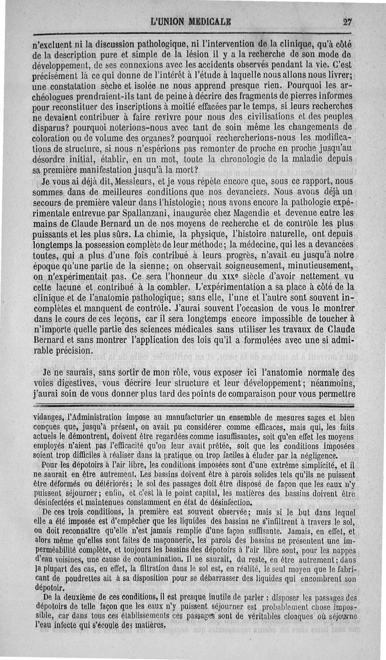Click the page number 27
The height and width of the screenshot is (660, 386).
[347, 22]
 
